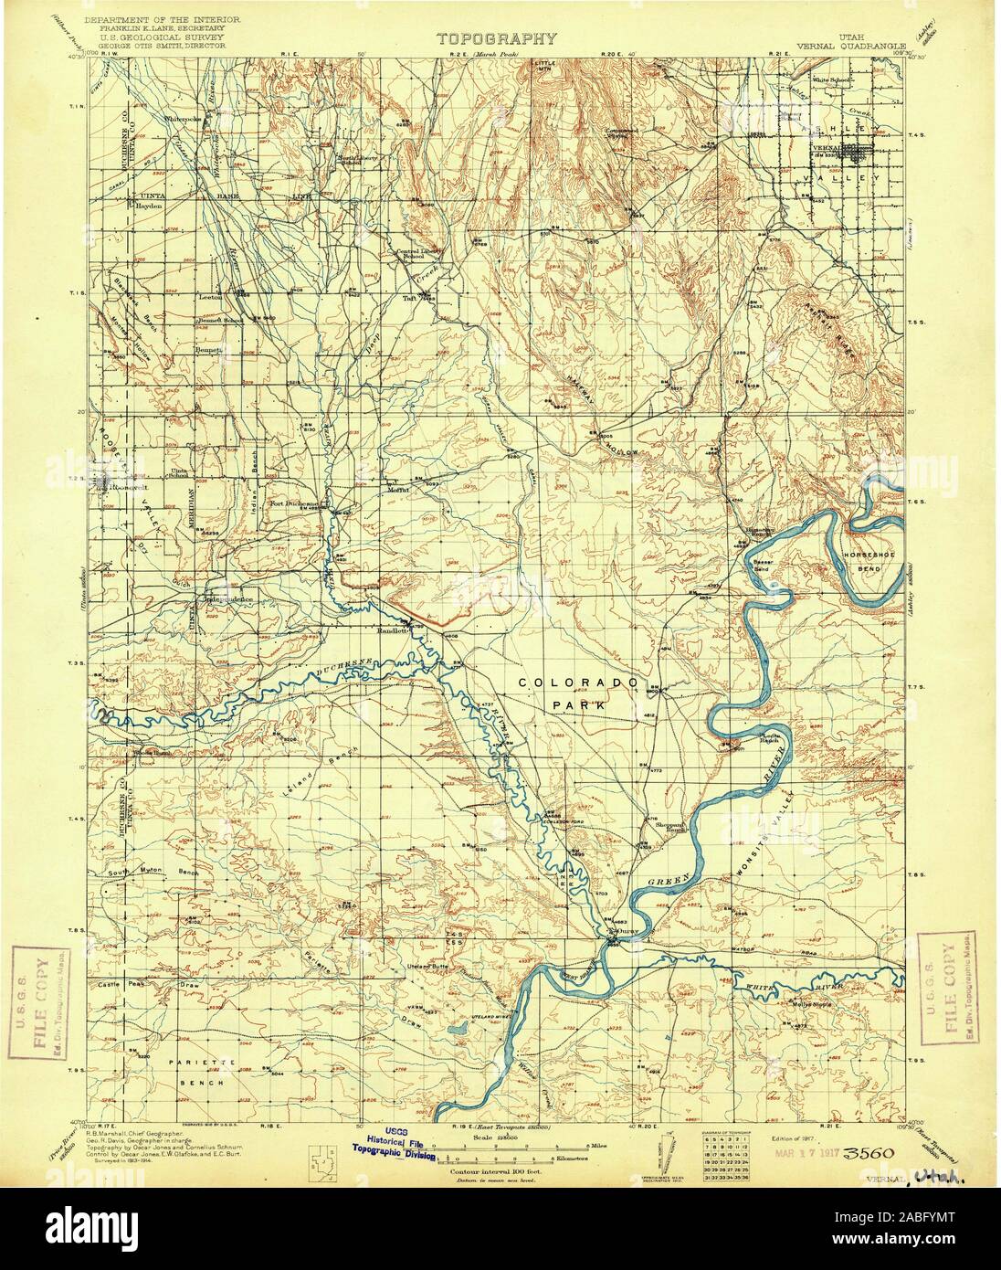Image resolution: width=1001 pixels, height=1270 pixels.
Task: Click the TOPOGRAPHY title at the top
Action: (x=497, y=39)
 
